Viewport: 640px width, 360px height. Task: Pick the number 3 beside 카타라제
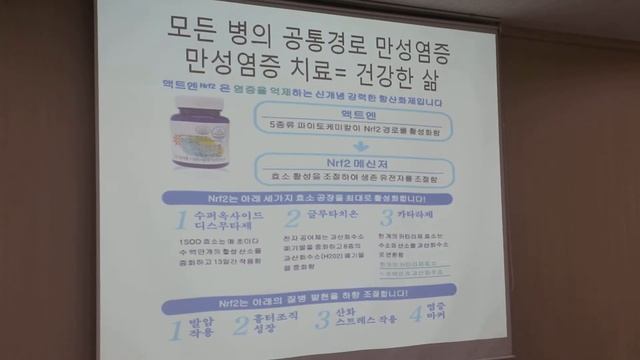[386, 219]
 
